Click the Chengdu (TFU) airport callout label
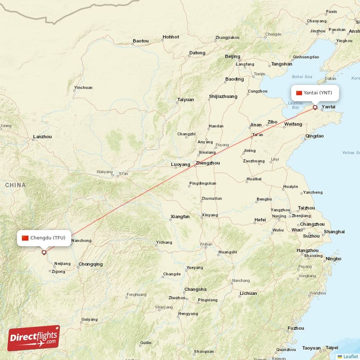click(44, 238)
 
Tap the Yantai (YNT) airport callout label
click(314, 93)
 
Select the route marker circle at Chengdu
click(44, 252)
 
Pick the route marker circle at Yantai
click(315, 108)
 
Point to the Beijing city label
click(232, 56)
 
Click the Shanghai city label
click(334, 232)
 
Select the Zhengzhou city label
click(207, 163)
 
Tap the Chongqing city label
click(90, 264)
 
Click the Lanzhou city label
click(42, 136)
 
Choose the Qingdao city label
click(314, 136)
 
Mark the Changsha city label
click(195, 289)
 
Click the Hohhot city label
click(171, 37)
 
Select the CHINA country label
click(15, 185)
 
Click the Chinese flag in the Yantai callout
click(299, 93)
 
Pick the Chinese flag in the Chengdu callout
click(25, 238)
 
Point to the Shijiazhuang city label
click(223, 96)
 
